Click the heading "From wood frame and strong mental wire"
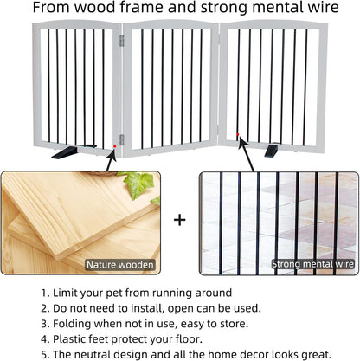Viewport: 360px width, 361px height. [180, 10]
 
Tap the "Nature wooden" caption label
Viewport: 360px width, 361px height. [119, 264]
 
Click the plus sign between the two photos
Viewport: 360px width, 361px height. [179, 220]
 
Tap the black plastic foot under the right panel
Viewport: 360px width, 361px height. [271, 151]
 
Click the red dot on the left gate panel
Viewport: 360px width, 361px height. [114, 148]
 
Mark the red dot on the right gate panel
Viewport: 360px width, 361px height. [240, 132]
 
